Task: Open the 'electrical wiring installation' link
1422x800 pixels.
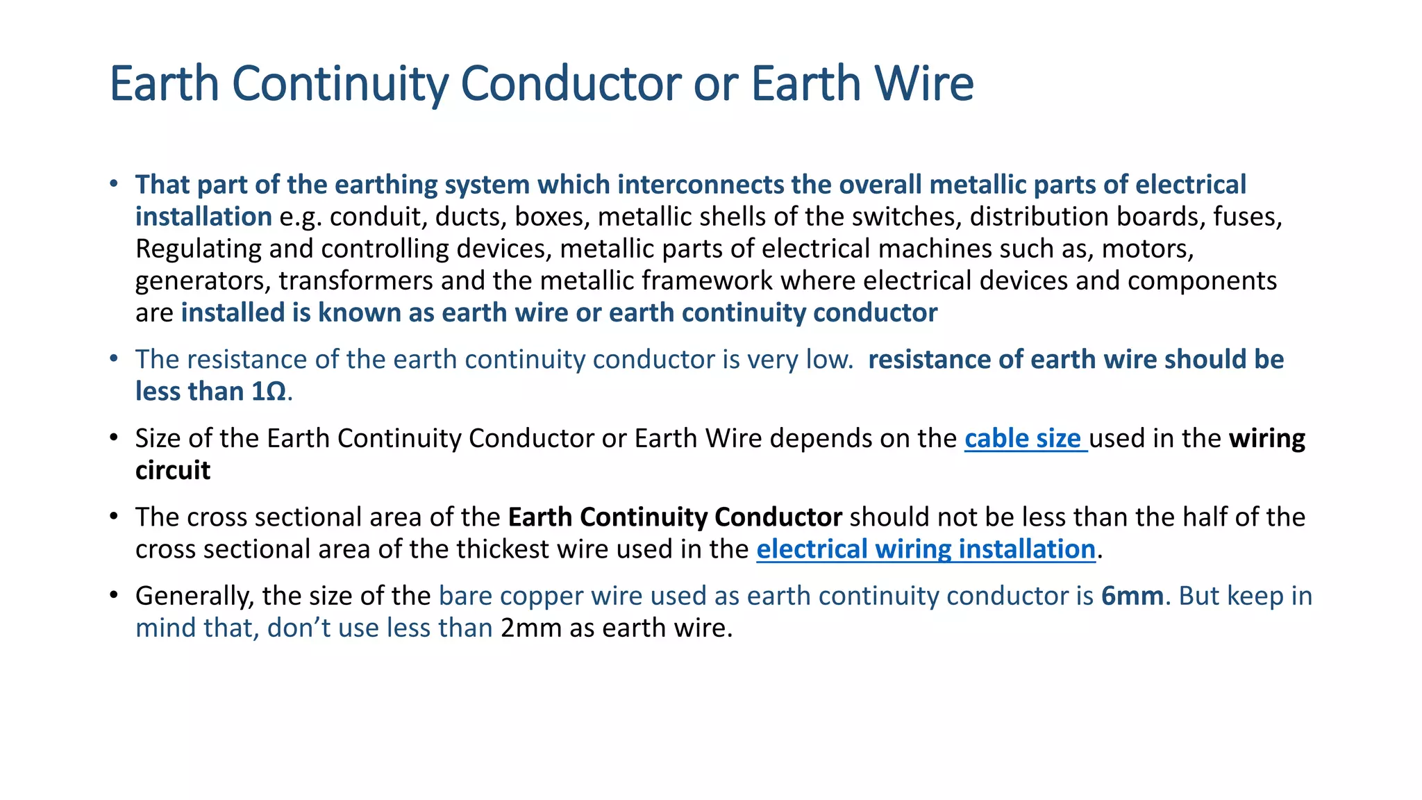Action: (925, 549)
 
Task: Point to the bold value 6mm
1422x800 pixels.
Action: (1132, 596)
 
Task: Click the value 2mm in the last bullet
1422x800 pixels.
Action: (530, 628)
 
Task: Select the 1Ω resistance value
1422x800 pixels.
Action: (268, 392)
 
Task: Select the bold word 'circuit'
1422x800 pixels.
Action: (172, 471)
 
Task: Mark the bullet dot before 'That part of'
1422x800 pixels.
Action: (114, 185)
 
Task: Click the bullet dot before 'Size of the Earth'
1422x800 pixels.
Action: (114, 439)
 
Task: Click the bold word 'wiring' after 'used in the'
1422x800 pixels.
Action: (1266, 439)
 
